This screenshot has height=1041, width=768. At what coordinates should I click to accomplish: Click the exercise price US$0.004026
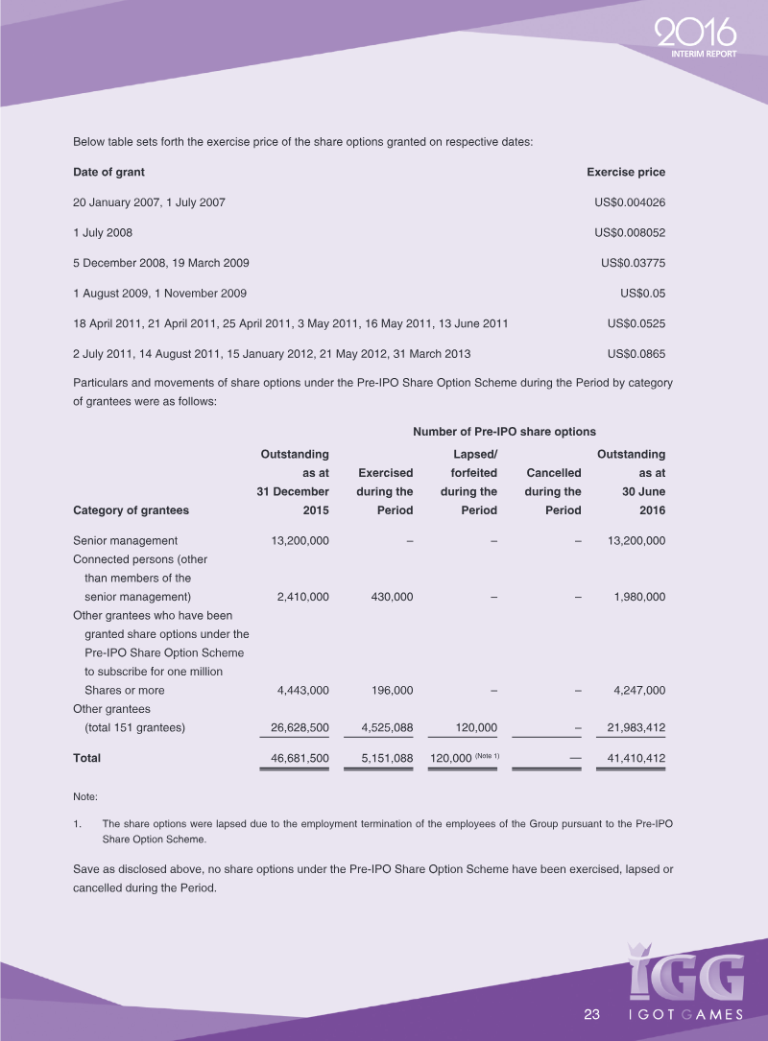630,202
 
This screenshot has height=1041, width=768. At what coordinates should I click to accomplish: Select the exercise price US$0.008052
630,233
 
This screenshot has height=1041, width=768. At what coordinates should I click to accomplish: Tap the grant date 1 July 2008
103,233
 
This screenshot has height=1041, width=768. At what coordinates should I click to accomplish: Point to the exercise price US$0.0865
636,354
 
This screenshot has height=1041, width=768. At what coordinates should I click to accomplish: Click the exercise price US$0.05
643,294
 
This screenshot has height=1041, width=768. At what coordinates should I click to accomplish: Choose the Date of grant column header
108,173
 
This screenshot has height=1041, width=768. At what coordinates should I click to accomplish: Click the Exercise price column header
626,173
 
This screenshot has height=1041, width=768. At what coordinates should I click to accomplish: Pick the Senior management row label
125,541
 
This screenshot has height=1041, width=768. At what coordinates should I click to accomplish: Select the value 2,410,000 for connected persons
302,597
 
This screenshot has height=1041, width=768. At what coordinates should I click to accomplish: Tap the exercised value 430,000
392,597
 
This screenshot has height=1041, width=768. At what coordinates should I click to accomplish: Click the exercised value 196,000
392,690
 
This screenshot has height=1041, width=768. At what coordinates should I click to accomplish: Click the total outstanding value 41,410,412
631,759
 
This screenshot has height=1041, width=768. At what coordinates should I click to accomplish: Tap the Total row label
87,758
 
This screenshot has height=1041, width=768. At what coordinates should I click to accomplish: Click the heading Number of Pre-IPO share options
504,433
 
